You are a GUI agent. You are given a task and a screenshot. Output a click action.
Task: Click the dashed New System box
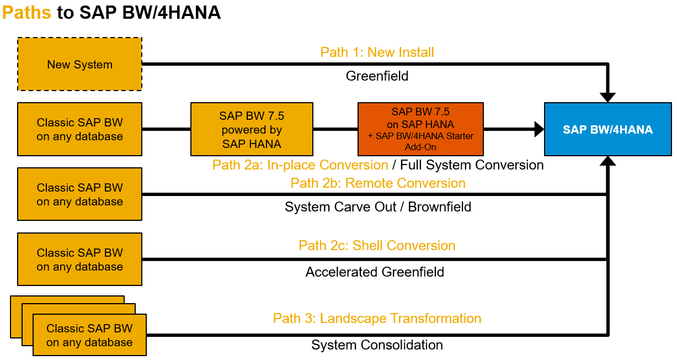click(x=80, y=64)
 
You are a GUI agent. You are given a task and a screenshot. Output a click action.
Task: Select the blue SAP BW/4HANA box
click(x=608, y=129)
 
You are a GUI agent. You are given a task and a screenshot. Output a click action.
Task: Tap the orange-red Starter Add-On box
click(x=420, y=129)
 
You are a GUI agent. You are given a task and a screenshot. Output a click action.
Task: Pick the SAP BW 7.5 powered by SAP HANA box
click(x=252, y=129)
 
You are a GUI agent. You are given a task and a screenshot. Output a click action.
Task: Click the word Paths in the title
click(x=26, y=13)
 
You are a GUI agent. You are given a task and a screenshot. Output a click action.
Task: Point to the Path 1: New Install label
click(x=377, y=52)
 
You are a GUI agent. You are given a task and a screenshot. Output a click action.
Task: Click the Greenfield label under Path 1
click(x=377, y=76)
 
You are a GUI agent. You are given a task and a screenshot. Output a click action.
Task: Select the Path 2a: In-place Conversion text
click(x=300, y=165)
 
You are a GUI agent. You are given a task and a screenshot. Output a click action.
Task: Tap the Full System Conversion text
click(x=472, y=165)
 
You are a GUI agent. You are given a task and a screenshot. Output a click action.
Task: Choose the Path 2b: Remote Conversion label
click(x=378, y=183)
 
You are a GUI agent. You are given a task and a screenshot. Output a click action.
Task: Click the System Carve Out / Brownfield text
click(x=378, y=207)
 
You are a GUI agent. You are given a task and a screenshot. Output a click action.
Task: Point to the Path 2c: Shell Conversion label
click(x=377, y=246)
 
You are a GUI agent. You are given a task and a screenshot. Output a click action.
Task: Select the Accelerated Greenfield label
click(x=375, y=272)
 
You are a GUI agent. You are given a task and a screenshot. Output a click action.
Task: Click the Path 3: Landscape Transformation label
click(x=377, y=319)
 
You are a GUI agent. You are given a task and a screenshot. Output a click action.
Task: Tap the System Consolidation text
click(x=377, y=345)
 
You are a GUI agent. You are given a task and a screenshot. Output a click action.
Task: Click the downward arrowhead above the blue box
click(x=608, y=98)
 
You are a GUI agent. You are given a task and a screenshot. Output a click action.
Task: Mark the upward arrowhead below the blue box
click(x=608, y=161)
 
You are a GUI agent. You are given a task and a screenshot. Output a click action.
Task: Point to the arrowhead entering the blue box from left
click(x=539, y=129)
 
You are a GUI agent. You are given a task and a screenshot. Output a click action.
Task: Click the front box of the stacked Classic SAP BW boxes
click(x=89, y=335)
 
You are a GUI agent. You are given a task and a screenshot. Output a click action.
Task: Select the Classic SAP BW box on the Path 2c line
click(x=80, y=260)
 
